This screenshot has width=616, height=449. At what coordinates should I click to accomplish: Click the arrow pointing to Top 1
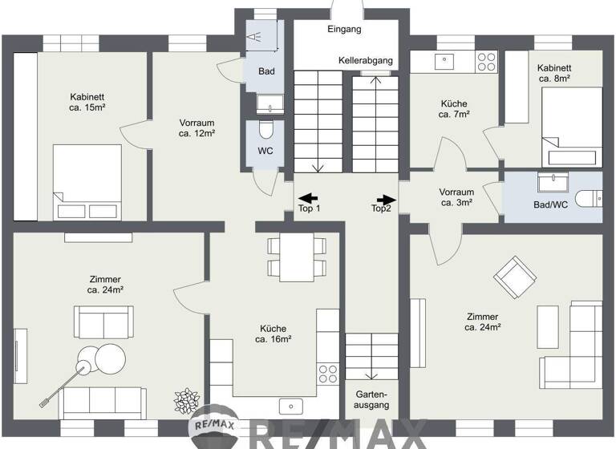(308, 198)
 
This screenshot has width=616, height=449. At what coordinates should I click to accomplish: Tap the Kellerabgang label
(365, 61)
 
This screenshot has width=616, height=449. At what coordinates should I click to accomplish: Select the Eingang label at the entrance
(345, 29)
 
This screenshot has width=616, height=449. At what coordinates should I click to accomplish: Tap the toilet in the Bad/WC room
(590, 198)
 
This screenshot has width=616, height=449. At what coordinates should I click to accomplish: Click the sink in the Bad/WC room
(551, 184)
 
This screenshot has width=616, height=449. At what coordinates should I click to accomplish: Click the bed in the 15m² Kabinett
(86, 183)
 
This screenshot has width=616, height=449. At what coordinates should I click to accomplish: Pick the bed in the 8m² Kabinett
(570, 129)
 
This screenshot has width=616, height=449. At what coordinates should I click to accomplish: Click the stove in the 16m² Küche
(327, 373)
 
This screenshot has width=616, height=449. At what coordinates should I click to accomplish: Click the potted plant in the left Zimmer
(187, 398)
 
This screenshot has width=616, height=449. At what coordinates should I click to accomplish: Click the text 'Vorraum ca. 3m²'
(456, 197)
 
